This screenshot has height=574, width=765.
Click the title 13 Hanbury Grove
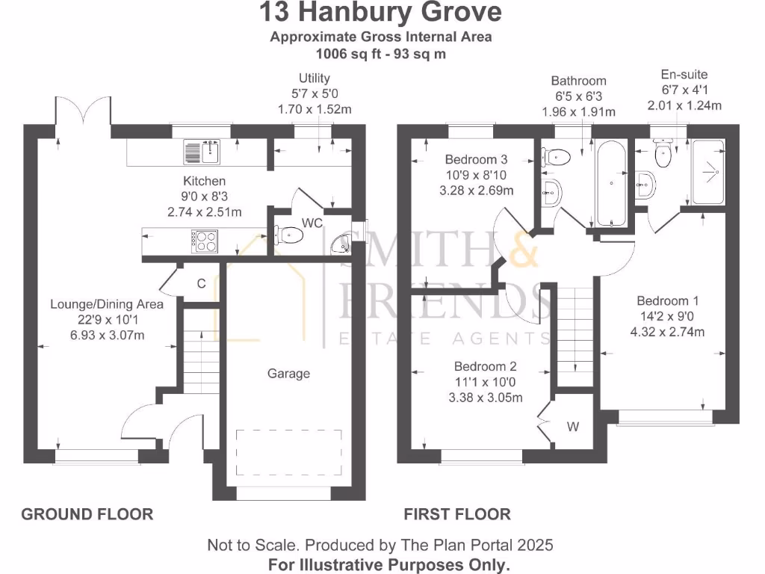click(381, 13)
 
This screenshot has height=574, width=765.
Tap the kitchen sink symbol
click(200, 152)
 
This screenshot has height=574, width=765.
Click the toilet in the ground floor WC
click(289, 236)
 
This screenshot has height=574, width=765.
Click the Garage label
click(288, 373)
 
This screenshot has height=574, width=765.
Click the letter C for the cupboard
click(201, 283)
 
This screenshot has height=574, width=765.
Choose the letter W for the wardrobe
click(573, 428)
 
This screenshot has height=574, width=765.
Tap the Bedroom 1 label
click(668, 301)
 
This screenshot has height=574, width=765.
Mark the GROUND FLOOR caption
click(87, 514)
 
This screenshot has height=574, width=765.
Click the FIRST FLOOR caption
click(457, 514)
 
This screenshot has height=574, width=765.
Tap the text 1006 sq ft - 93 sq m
click(381, 54)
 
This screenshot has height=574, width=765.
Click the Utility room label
click(315, 78)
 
